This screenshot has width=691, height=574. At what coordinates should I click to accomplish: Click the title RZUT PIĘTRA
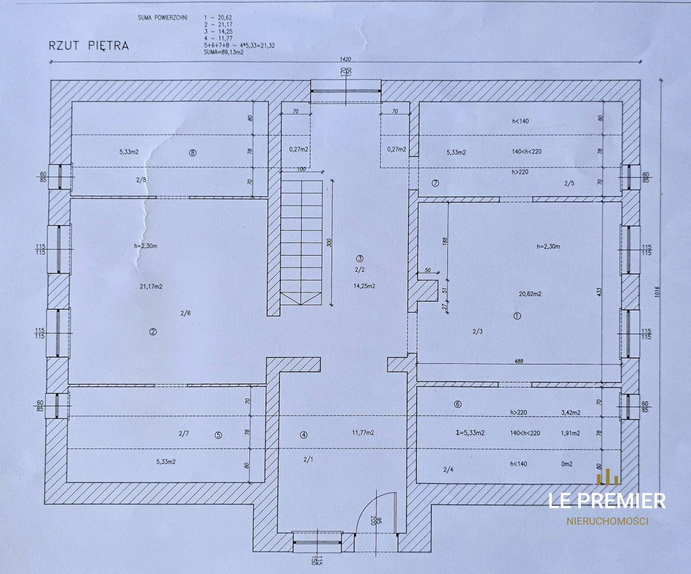[x=89, y=45]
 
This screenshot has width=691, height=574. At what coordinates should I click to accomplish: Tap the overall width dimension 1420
[x=345, y=59]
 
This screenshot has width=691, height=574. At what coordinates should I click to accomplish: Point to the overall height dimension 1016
[x=657, y=292]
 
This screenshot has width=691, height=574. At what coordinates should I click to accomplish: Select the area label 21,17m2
[x=151, y=287]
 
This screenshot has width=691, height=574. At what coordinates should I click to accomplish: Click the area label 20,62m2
[x=530, y=294]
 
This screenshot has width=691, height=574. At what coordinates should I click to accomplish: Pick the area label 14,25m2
[x=365, y=286]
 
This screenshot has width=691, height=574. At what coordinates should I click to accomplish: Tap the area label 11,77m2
[x=363, y=433]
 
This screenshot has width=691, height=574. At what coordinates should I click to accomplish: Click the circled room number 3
[x=359, y=259]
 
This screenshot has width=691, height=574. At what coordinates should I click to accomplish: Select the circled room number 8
[x=192, y=153]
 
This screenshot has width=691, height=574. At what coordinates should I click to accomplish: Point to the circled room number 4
[x=303, y=435]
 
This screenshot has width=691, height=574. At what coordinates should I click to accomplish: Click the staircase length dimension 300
[x=329, y=243]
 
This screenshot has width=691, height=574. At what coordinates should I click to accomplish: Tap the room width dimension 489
[x=519, y=362]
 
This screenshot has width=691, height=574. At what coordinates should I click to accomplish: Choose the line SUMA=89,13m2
[x=224, y=52]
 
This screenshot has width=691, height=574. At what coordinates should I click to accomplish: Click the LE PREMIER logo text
[x=607, y=501]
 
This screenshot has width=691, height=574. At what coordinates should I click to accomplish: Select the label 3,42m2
[x=571, y=413]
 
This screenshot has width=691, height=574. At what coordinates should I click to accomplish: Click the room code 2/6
[x=185, y=313]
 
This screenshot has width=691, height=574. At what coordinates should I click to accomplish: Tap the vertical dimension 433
[x=599, y=291]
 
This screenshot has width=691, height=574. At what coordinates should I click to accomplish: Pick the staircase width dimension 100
[x=301, y=169]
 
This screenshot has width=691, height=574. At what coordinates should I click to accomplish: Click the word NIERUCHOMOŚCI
[x=608, y=522]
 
